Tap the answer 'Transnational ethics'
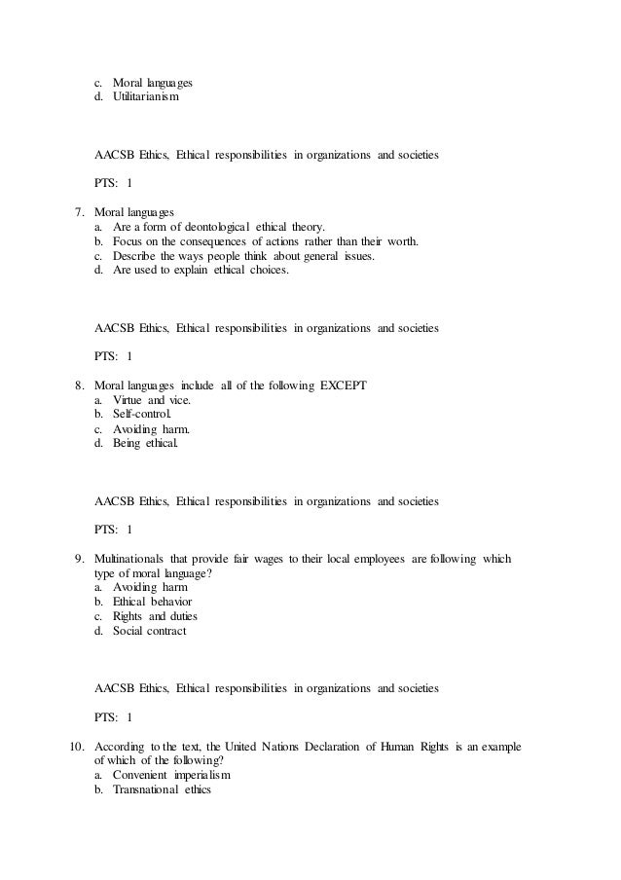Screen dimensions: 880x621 [162, 790]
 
